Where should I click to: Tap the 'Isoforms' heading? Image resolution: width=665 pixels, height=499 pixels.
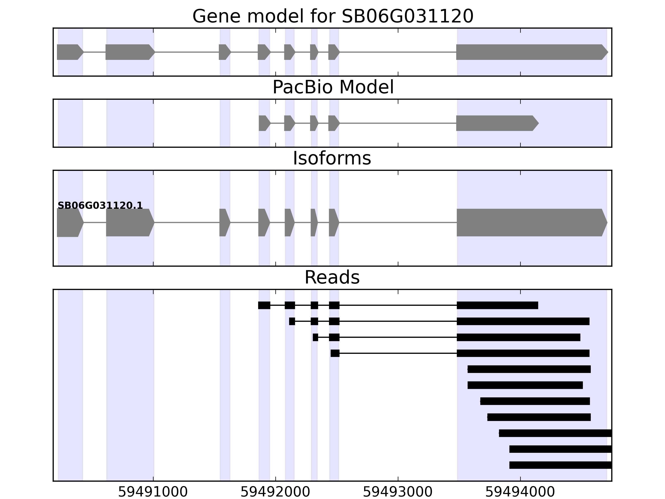click(332, 158)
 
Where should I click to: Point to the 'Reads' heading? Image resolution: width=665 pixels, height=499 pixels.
click(332, 277)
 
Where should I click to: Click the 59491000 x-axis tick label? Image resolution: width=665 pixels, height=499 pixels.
click(153, 492)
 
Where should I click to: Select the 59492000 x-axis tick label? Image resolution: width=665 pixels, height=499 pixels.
click(275, 492)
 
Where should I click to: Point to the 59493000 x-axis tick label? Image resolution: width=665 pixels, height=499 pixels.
click(398, 492)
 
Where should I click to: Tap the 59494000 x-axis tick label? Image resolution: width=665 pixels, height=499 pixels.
click(520, 492)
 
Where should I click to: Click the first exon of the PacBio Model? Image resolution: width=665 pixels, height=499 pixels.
click(264, 123)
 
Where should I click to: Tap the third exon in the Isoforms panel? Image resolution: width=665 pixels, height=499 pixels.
click(224, 223)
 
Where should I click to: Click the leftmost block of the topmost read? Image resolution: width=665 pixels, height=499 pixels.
click(264, 305)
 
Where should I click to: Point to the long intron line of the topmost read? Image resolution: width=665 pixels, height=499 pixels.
click(398, 305)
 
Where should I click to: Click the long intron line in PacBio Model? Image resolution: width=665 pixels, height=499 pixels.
click(398, 123)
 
